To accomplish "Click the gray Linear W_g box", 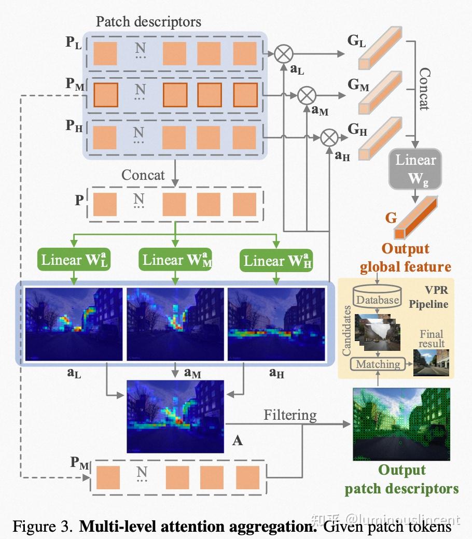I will [x=415, y=170].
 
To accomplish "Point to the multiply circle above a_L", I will [x=284, y=53].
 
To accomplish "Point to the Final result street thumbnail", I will [x=431, y=362].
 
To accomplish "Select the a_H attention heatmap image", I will [x=276, y=323].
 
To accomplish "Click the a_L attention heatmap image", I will [x=74, y=323].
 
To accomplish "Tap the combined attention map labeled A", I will [x=175, y=416].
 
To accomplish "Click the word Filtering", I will [x=290, y=415].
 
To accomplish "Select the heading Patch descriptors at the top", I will [x=148, y=22].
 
